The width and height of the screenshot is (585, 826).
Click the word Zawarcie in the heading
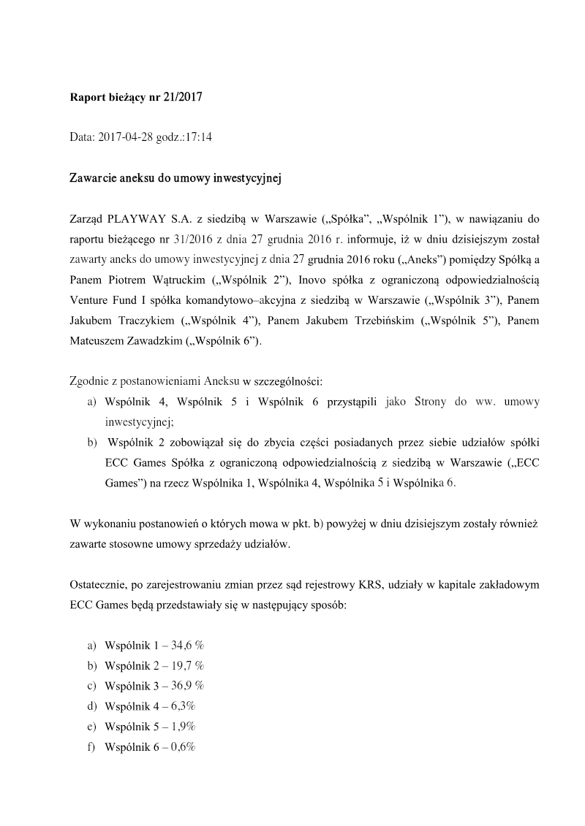94,177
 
